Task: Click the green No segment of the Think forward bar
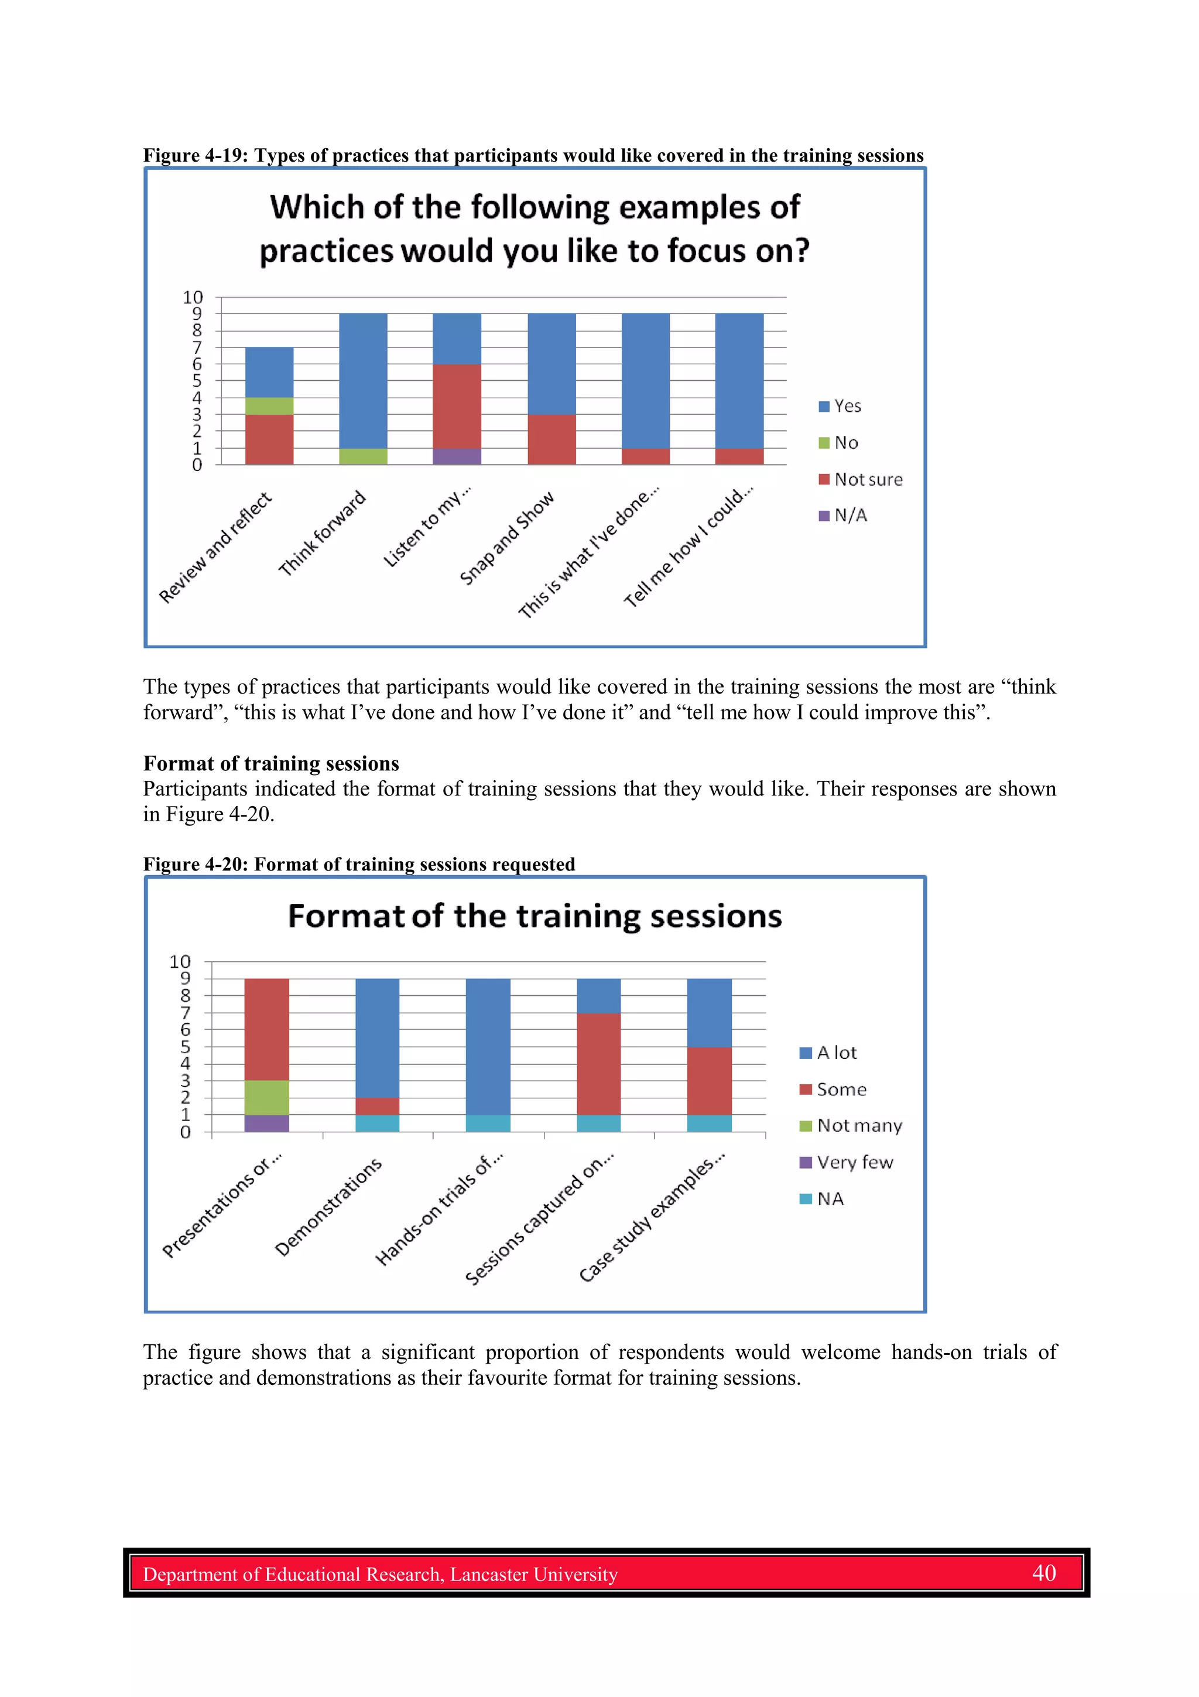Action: pyautogui.click(x=363, y=456)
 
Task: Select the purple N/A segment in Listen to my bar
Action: pyautogui.click(x=457, y=456)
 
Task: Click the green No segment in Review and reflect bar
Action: pyautogui.click(x=269, y=406)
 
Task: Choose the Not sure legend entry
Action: pyautogui.click(x=861, y=480)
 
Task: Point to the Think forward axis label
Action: pyautogui.click(x=322, y=533)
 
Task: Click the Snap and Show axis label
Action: pyautogui.click(x=507, y=538)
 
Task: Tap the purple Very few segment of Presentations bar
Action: pyautogui.click(x=267, y=1124)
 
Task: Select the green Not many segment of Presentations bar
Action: pyautogui.click(x=267, y=1098)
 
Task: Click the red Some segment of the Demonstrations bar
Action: pyautogui.click(x=378, y=1107)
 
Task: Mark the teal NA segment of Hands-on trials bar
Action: pyautogui.click(x=488, y=1124)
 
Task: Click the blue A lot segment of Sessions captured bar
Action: pyautogui.click(x=598, y=996)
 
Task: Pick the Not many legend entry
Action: pyautogui.click(x=851, y=1126)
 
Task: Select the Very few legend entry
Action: pyautogui.click(x=847, y=1163)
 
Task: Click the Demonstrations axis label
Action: pyautogui.click(x=328, y=1207)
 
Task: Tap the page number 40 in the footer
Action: pyautogui.click(x=1044, y=1573)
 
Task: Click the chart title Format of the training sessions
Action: pyautogui.click(x=535, y=917)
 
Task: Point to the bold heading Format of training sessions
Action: pyautogui.click(x=271, y=763)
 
